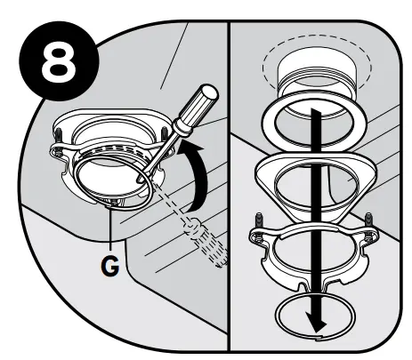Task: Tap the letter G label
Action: [106, 265]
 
